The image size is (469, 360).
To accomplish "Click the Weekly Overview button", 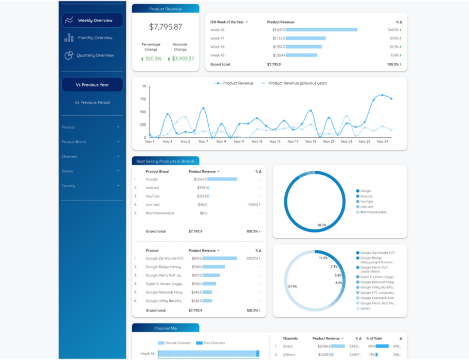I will point(92,21).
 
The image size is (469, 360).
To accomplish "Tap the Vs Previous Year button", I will point(92,85).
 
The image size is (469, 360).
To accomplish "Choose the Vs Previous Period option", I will point(92,102).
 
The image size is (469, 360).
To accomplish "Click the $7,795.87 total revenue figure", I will point(166,27).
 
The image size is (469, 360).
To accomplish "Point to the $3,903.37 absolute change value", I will point(180,59).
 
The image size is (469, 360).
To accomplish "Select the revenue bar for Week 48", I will point(321,30).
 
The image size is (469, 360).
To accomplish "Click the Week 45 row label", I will point(218,55).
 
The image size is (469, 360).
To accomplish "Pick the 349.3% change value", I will point(393,30).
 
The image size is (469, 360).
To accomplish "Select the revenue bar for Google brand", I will point(222,179).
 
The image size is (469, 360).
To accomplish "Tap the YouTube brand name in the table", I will point(153,196).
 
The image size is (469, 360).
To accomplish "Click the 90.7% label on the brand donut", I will point(322,225).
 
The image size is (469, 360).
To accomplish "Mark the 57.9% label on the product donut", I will point(293,286).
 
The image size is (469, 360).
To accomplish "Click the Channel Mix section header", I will point(165,328).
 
